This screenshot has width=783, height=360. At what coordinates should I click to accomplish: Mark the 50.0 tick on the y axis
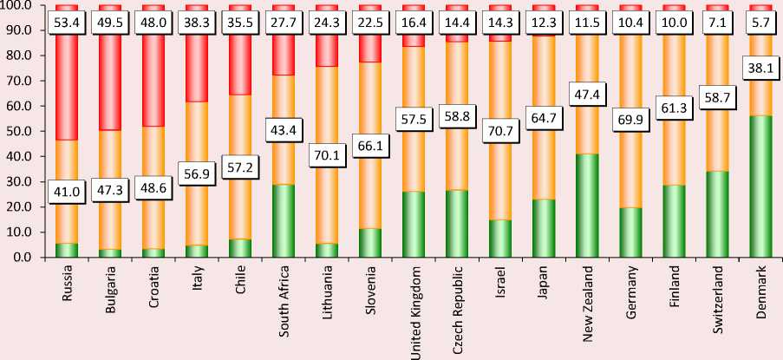[x=19, y=131]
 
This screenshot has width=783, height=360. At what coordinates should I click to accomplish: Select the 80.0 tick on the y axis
[x=19, y=56]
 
